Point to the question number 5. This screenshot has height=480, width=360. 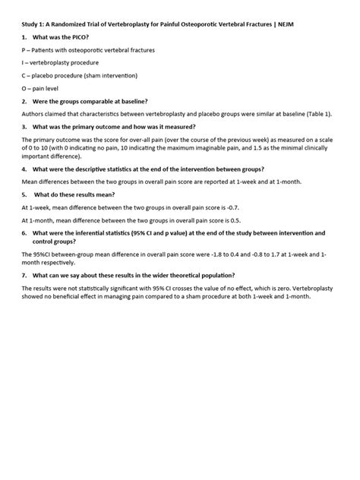coord(25,194)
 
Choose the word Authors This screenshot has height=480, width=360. coord(34,113)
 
